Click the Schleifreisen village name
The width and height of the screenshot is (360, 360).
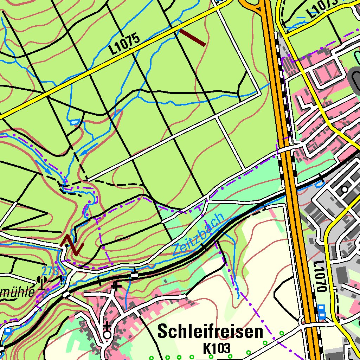coord(210,332)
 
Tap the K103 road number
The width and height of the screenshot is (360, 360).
coord(217,348)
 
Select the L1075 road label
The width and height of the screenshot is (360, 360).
coord(124,44)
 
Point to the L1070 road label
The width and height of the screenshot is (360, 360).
coord(319,276)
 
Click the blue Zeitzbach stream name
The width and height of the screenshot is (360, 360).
coord(198,234)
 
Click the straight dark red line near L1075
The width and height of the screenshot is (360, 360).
coord(192,37)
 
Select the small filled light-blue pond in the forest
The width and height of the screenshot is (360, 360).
coord(75,122)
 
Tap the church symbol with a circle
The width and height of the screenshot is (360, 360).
coord(107,332)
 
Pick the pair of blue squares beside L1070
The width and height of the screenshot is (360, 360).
coord(321,312)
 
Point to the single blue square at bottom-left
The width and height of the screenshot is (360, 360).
coord(8,331)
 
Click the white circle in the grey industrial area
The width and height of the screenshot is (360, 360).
coord(345,189)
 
